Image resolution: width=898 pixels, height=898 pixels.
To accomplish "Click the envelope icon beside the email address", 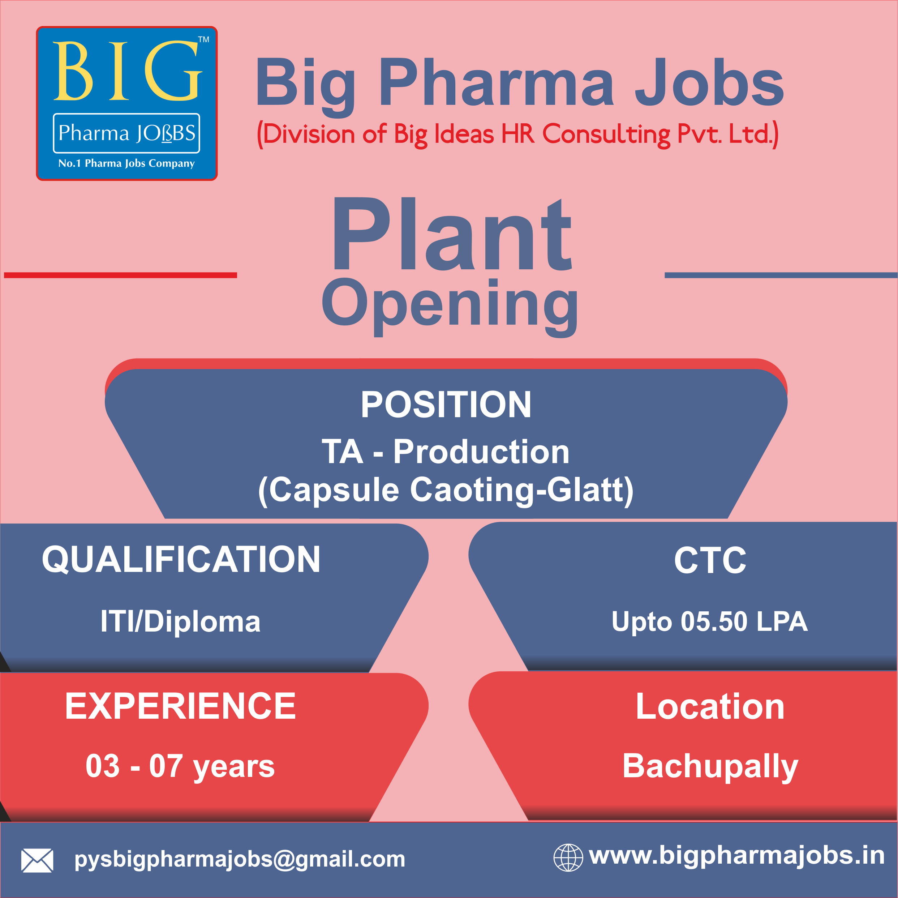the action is [37, 860].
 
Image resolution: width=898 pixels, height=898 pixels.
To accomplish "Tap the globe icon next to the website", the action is [568, 857].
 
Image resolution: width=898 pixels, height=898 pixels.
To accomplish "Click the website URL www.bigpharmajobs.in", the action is [737, 856].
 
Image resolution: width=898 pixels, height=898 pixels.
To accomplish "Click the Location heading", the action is [710, 706].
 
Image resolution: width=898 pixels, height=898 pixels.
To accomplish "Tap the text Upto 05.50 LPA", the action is [710, 622].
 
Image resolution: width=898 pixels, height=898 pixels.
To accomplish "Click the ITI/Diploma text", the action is [181, 622].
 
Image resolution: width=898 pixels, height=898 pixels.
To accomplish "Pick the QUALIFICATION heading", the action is [181, 560].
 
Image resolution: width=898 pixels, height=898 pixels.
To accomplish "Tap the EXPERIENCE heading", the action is [180, 706].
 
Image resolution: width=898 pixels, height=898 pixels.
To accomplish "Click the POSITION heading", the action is [446, 405].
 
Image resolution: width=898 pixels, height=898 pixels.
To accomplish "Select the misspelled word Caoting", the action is [472, 491].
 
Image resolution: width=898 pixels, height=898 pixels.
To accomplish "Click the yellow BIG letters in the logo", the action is [128, 71].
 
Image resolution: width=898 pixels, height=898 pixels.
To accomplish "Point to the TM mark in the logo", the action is [203, 39].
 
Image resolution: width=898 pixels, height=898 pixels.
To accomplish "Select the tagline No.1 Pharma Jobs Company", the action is [126, 163].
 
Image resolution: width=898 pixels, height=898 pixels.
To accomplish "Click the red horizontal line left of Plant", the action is [120, 275].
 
